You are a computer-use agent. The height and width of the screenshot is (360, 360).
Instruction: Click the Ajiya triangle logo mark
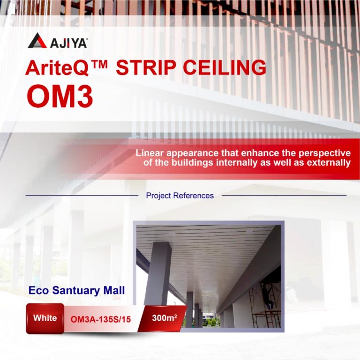[37, 41]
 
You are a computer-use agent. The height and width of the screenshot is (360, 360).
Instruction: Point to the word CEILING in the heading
[224, 68]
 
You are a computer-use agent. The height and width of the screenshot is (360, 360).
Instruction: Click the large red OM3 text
[60, 96]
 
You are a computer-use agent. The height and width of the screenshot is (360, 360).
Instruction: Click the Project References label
[180, 196]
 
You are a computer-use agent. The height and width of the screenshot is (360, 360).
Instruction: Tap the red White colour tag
[45, 318]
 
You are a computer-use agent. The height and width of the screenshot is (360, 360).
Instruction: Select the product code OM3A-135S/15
[101, 319]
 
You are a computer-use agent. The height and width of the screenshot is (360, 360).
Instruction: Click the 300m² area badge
[165, 318]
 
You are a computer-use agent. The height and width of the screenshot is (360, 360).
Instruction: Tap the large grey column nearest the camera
[157, 276]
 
